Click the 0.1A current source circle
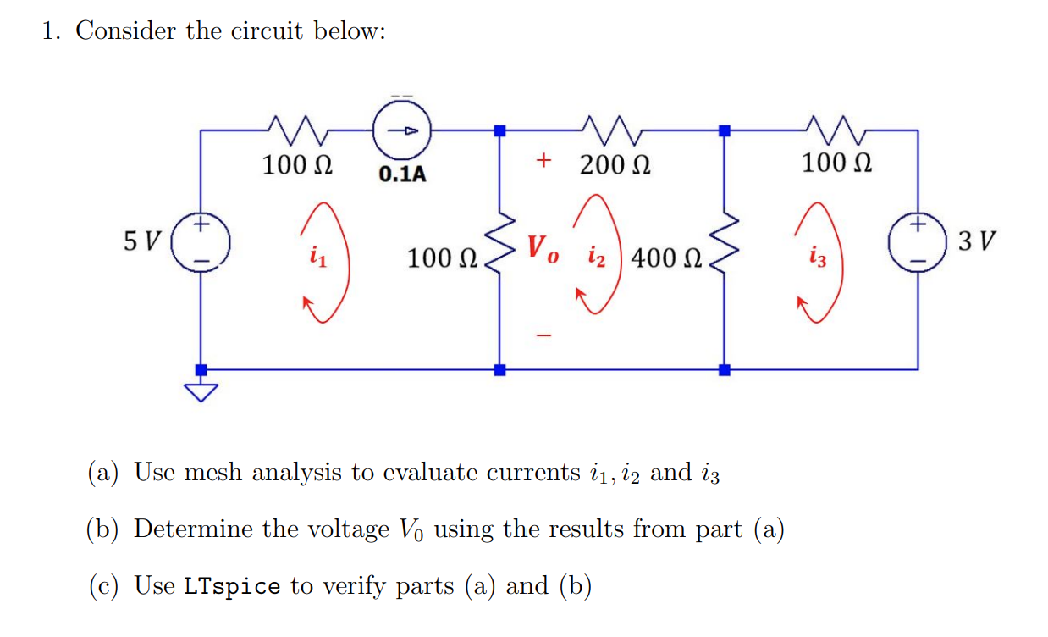(403, 131)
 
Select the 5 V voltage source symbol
(201, 243)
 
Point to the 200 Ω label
(615, 164)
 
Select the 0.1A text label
(403, 175)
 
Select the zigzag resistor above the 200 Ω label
(615, 130)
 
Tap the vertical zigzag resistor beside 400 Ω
(723, 250)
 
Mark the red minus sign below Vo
(543, 337)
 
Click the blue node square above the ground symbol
(201, 370)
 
